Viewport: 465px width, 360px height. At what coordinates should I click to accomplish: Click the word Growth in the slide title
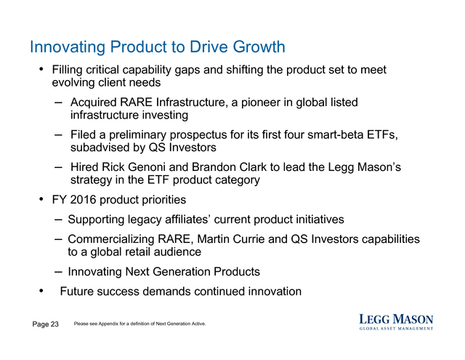[x=259, y=47]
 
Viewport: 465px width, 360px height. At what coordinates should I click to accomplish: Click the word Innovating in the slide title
[x=68, y=47]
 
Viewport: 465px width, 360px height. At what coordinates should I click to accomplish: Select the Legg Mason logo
[x=396, y=322]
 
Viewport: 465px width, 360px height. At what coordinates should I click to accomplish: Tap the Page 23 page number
[x=45, y=324]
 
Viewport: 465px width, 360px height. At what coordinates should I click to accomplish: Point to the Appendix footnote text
[x=139, y=324]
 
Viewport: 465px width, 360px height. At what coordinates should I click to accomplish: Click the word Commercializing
[x=111, y=239]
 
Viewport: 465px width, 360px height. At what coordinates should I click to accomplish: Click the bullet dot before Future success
[x=41, y=291]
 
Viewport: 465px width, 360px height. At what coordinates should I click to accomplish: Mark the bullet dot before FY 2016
[x=41, y=199]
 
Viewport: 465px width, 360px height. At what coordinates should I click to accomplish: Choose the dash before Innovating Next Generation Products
[x=58, y=272]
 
